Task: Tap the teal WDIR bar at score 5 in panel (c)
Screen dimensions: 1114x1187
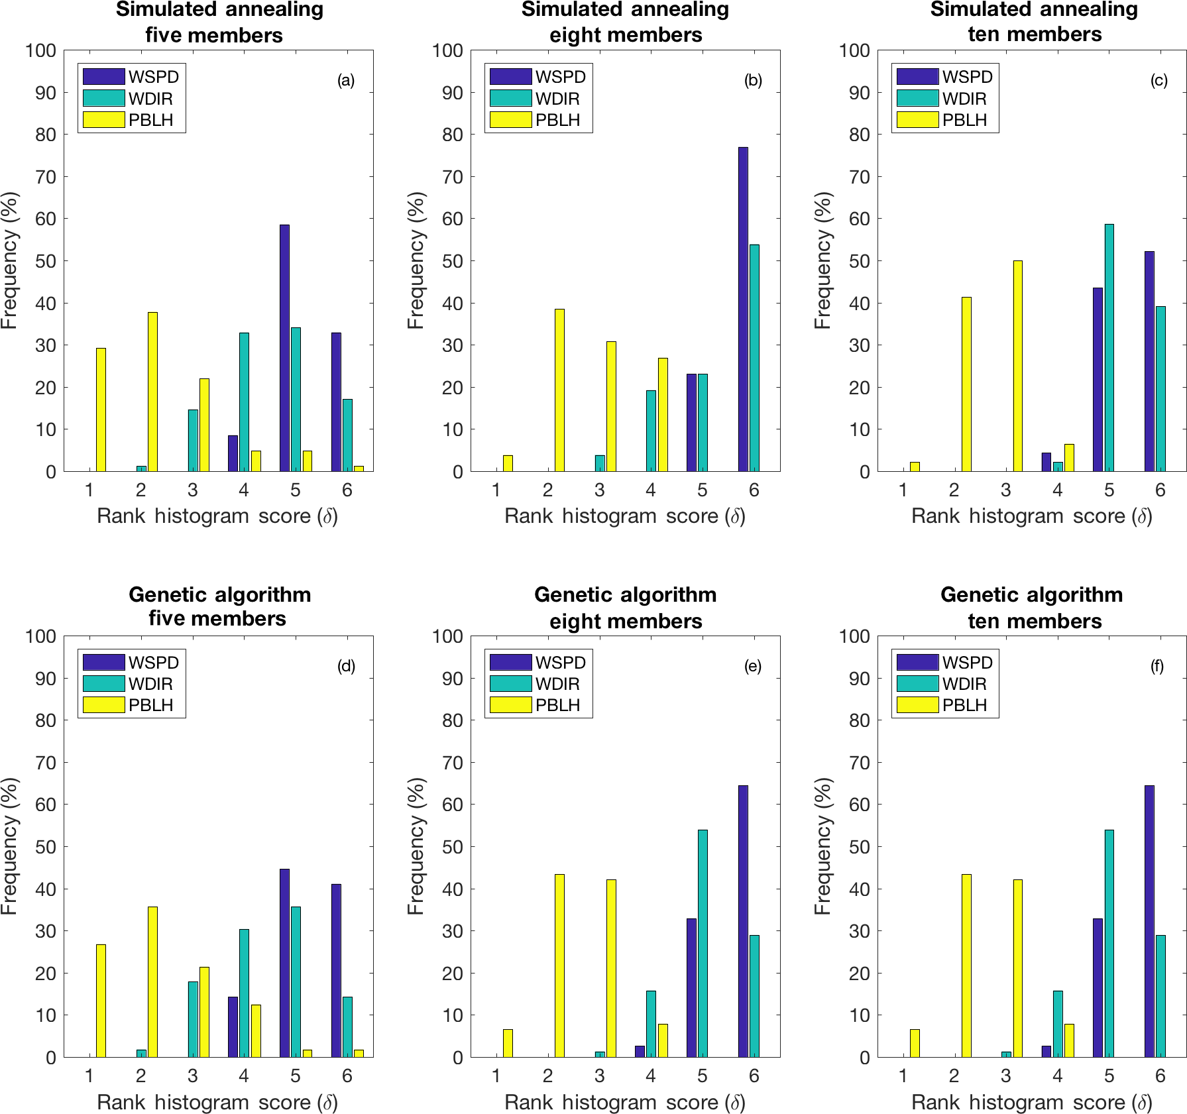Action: point(1109,348)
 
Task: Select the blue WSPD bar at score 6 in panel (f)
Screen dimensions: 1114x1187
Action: point(1149,921)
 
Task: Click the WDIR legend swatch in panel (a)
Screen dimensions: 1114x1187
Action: point(103,98)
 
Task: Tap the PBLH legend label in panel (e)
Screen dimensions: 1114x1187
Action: point(557,705)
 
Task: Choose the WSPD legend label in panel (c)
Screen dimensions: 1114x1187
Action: point(967,77)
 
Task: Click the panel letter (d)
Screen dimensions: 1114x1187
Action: point(346,666)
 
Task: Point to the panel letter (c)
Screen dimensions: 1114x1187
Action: point(1159,81)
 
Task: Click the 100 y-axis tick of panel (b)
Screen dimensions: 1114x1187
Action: point(447,50)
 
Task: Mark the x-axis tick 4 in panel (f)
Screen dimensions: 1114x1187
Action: point(1057,1076)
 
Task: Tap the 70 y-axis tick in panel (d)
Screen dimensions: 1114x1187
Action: point(46,762)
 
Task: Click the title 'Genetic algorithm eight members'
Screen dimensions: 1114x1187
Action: point(625,607)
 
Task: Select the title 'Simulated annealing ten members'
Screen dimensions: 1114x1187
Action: point(1033,21)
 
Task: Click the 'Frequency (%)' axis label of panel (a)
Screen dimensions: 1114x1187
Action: point(9,260)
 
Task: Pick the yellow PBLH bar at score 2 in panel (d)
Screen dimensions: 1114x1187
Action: point(152,981)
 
